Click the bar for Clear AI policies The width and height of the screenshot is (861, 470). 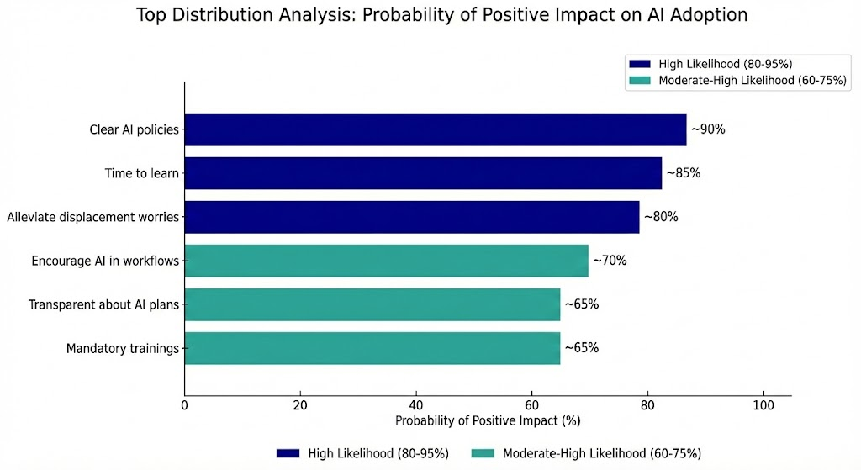coord(435,129)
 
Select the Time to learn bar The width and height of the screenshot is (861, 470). coord(423,173)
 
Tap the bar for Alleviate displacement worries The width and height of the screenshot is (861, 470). coord(411,217)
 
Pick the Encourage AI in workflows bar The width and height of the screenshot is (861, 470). coord(386,261)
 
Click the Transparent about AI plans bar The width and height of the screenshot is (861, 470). coord(372,304)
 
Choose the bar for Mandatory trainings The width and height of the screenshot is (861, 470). coord(372,348)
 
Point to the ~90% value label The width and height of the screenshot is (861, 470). coord(708,129)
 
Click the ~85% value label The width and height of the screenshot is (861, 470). coord(683,173)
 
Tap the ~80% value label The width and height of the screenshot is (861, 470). coord(660,217)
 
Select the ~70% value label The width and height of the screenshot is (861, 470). coord(610,261)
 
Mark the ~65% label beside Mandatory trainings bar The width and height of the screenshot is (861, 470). coord(581,348)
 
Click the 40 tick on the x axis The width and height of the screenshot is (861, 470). coord(416,404)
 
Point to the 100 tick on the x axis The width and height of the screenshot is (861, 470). coord(763,404)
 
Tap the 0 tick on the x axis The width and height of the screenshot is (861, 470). coord(185,404)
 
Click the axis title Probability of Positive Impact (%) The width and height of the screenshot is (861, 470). coord(488,420)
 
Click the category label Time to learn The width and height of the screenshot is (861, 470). coord(142,173)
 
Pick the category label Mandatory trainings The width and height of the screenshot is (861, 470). coord(123,348)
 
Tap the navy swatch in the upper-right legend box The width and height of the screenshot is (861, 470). coord(639,63)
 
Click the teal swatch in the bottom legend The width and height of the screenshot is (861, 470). coord(484,453)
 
